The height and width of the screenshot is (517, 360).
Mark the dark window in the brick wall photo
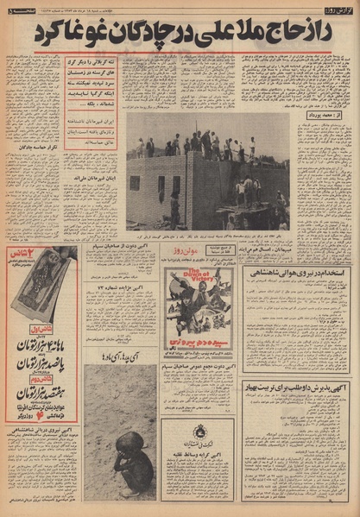point(135,183)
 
